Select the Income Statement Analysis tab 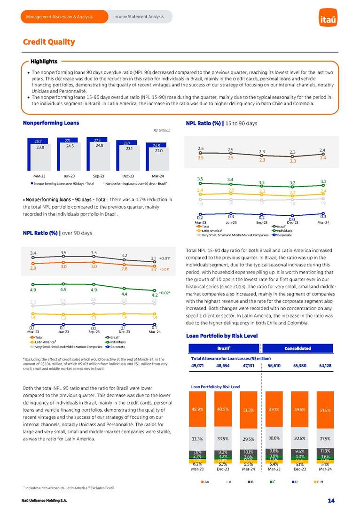(138, 16)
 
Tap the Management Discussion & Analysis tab (60, 16)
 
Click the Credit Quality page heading (49, 42)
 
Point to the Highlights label (44, 61)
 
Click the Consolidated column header (297, 348)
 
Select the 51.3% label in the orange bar (249, 410)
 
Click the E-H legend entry (319, 482)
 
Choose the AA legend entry (205, 482)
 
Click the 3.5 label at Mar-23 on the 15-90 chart (200, 179)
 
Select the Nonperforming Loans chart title (51, 123)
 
